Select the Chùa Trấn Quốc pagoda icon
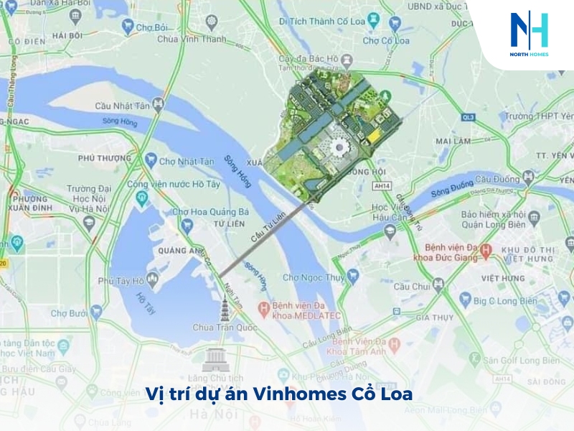[x=224, y=310]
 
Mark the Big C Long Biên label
[x=502, y=300]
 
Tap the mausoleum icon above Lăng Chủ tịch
[x=215, y=358]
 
